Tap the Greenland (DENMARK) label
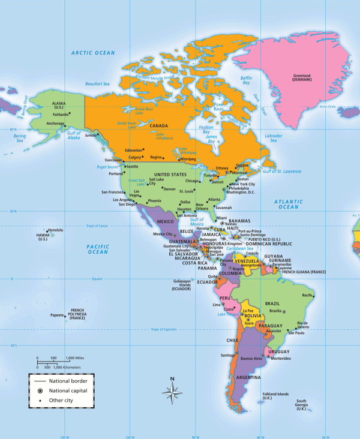pyautogui.click(x=301, y=79)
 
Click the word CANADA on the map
pyautogui.click(x=159, y=126)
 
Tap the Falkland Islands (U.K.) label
pyautogui.click(x=275, y=396)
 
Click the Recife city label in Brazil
pyautogui.click(x=308, y=295)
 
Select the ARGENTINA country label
pyautogui.click(x=248, y=378)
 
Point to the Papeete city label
pyautogui.click(x=56, y=315)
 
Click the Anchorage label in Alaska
pyautogui.click(x=55, y=124)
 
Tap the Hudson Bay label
pyautogui.click(x=206, y=130)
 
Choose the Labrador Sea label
pyautogui.click(x=273, y=139)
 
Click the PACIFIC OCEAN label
pyautogui.click(x=97, y=249)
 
